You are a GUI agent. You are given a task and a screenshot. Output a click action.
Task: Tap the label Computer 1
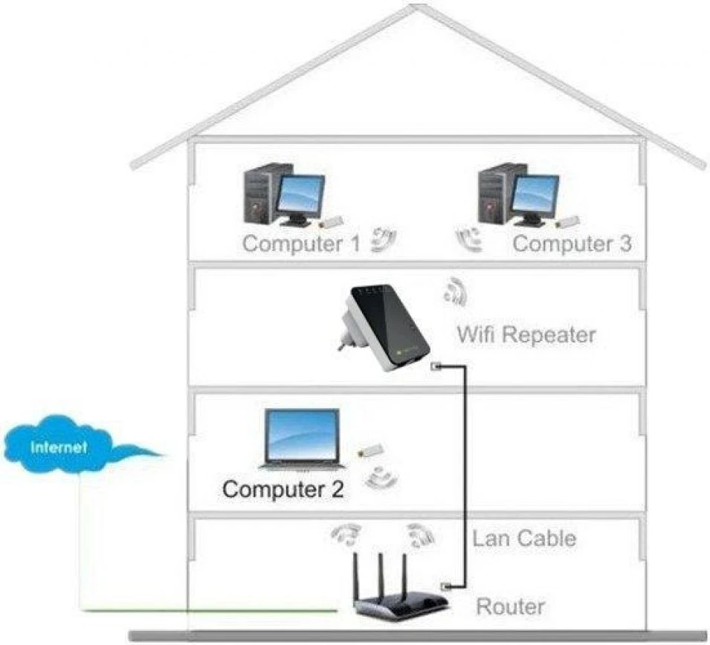tap(301, 243)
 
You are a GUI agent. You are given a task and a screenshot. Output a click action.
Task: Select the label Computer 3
tap(572, 243)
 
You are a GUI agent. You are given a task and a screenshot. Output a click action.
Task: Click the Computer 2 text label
tap(283, 490)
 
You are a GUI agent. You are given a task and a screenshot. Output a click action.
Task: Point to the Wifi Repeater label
tap(526, 334)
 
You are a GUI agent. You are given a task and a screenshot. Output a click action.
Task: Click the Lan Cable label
tap(524, 537)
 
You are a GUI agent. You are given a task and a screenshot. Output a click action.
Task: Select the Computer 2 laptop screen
tap(303, 436)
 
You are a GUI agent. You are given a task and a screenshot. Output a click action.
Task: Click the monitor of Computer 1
tap(301, 195)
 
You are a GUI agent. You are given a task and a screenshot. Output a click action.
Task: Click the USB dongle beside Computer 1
tap(332, 222)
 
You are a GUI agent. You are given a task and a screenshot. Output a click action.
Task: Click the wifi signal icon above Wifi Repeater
tap(454, 291)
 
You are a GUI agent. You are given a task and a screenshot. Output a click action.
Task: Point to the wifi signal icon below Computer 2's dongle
tap(381, 477)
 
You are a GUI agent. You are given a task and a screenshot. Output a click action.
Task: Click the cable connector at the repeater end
tap(437, 366)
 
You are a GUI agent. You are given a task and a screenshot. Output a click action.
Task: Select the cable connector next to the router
tap(447, 585)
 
